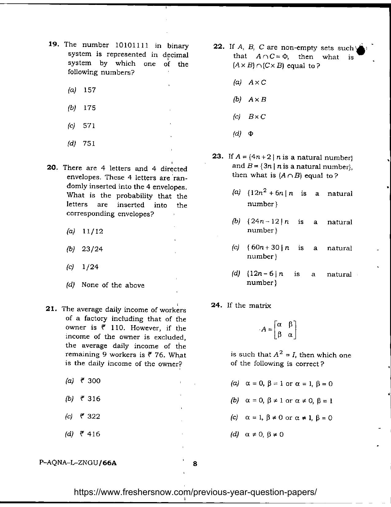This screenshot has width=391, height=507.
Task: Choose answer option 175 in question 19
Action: [89, 108]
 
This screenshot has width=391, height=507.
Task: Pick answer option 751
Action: [89, 144]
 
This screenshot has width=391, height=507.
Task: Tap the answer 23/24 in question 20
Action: [92, 249]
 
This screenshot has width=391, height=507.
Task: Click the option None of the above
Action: [113, 285]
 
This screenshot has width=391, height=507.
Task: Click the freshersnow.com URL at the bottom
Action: [195, 492]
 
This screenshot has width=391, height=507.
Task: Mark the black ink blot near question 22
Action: [362, 50]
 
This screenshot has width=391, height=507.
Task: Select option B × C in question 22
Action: [257, 117]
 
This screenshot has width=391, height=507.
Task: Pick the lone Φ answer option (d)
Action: [251, 134]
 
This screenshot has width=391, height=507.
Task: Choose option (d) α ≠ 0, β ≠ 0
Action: [264, 435]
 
